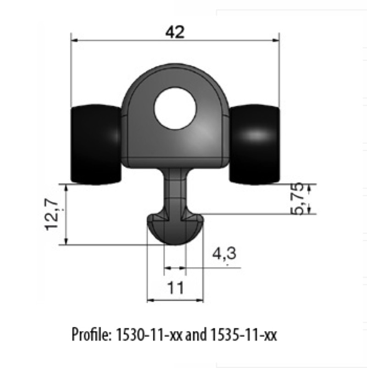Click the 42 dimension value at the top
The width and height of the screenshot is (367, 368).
(x=174, y=32)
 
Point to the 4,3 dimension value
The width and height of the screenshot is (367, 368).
(x=224, y=257)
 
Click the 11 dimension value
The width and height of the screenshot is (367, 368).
(x=175, y=288)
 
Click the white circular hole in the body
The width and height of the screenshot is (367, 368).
(x=175, y=111)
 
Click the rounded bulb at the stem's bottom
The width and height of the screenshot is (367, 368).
(x=175, y=232)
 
